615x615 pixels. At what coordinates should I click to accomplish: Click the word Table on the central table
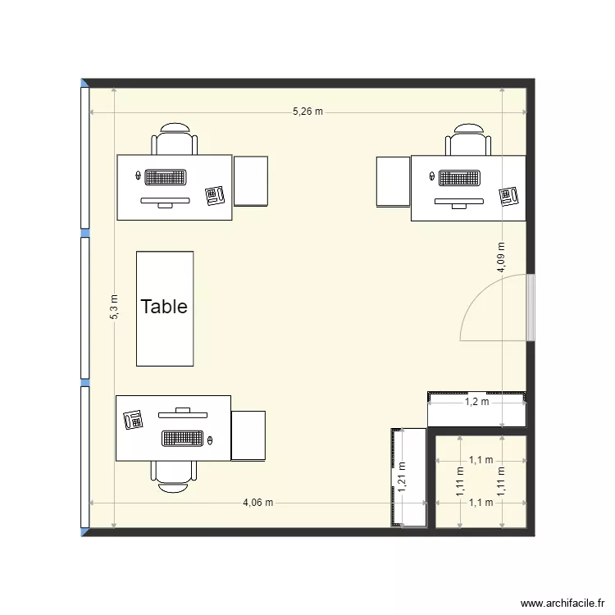tap(164, 307)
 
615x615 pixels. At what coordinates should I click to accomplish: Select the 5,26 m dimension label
tap(307, 112)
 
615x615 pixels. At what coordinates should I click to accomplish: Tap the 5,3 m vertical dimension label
tap(114, 307)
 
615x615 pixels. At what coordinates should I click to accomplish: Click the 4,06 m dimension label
tap(257, 503)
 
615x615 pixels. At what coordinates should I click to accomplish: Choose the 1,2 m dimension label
tap(476, 402)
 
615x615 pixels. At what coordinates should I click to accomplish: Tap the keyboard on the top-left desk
tap(166, 176)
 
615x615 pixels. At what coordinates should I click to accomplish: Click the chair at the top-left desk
tap(175, 140)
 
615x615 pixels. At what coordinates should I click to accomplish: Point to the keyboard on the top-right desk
tap(460, 177)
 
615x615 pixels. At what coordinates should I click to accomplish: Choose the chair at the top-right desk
tap(468, 140)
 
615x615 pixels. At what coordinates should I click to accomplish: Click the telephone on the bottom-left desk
tap(133, 420)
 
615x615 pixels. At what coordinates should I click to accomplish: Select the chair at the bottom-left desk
tap(173, 476)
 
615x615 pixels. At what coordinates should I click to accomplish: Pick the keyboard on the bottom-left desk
tap(183, 439)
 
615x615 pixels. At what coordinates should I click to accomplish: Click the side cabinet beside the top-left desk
tap(251, 180)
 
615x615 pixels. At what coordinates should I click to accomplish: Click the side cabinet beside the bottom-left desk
tap(248, 435)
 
